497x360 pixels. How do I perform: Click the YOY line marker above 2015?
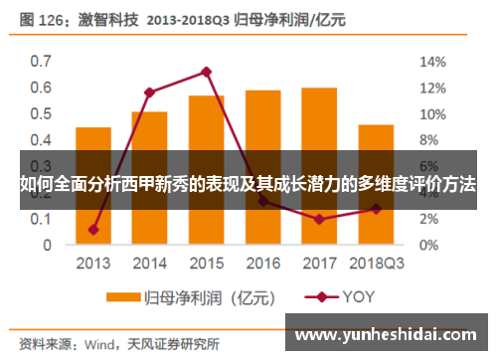[206, 72]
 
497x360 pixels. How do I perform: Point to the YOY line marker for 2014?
[149, 92]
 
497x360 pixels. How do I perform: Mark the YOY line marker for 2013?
[93, 230]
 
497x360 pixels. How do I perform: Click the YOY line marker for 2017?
[319, 219]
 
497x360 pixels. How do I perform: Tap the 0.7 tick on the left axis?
[40, 61]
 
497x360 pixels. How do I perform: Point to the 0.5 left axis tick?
[40, 113]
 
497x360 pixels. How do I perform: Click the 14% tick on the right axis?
[430, 61]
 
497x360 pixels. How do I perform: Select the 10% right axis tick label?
[430, 113]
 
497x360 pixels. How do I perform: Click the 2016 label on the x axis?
[262, 264]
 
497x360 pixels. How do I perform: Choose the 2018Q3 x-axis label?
[376, 264]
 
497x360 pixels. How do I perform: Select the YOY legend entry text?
[361, 296]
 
